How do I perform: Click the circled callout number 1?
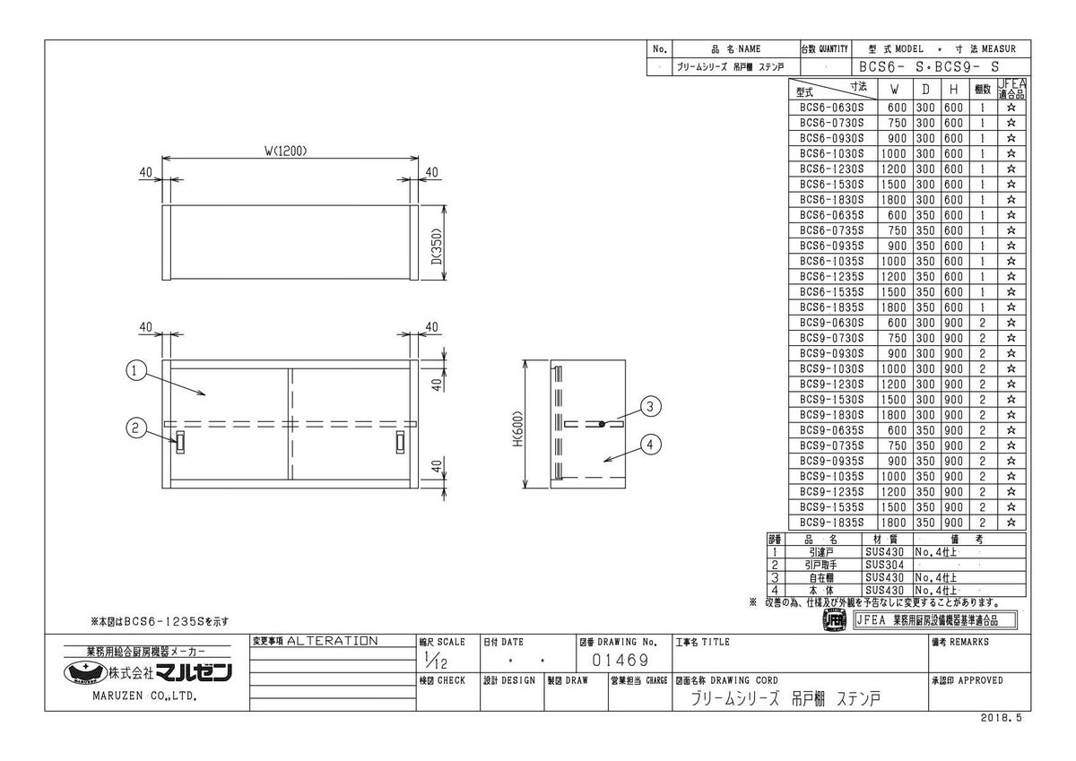[x=135, y=371]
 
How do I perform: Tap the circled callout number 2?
[x=135, y=428]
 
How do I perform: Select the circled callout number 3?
[x=650, y=407]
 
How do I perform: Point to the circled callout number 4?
[x=650, y=445]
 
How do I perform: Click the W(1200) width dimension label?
[x=286, y=151]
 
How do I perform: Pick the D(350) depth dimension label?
[x=437, y=246]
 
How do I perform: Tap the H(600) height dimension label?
[x=518, y=428]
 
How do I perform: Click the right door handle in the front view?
[x=400, y=442]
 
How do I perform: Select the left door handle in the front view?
[x=180, y=442]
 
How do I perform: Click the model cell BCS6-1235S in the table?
[x=831, y=277]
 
